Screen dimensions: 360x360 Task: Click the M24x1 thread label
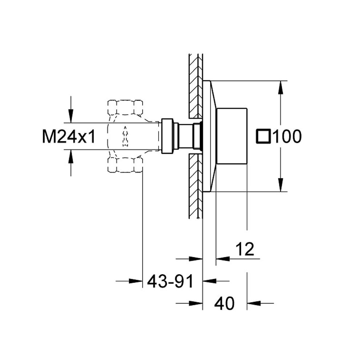(x=68, y=136)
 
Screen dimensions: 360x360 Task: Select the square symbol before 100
(x=263, y=137)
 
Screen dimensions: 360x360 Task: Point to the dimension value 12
(x=245, y=249)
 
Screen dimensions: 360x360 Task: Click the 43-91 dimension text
(x=171, y=281)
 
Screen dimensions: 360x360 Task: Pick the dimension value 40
(x=224, y=303)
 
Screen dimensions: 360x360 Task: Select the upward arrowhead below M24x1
(x=71, y=156)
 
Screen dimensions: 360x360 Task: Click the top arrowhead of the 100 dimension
(x=280, y=88)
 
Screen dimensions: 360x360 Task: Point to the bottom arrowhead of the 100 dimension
(x=280, y=185)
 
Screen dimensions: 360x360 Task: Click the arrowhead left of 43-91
(x=136, y=281)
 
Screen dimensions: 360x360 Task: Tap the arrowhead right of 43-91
(x=209, y=281)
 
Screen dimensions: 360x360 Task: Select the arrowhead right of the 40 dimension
(x=254, y=303)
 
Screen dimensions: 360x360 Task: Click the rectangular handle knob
(x=232, y=136)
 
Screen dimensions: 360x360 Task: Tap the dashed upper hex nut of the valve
(x=125, y=107)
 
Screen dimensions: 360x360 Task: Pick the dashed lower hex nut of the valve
(x=125, y=165)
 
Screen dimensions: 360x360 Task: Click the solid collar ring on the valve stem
(x=167, y=136)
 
